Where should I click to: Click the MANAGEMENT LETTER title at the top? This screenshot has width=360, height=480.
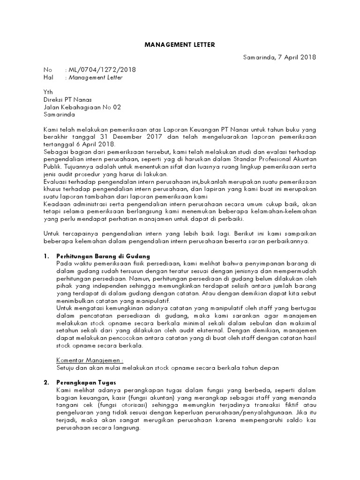(180, 45)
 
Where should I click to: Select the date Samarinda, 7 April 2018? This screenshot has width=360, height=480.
(280, 57)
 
